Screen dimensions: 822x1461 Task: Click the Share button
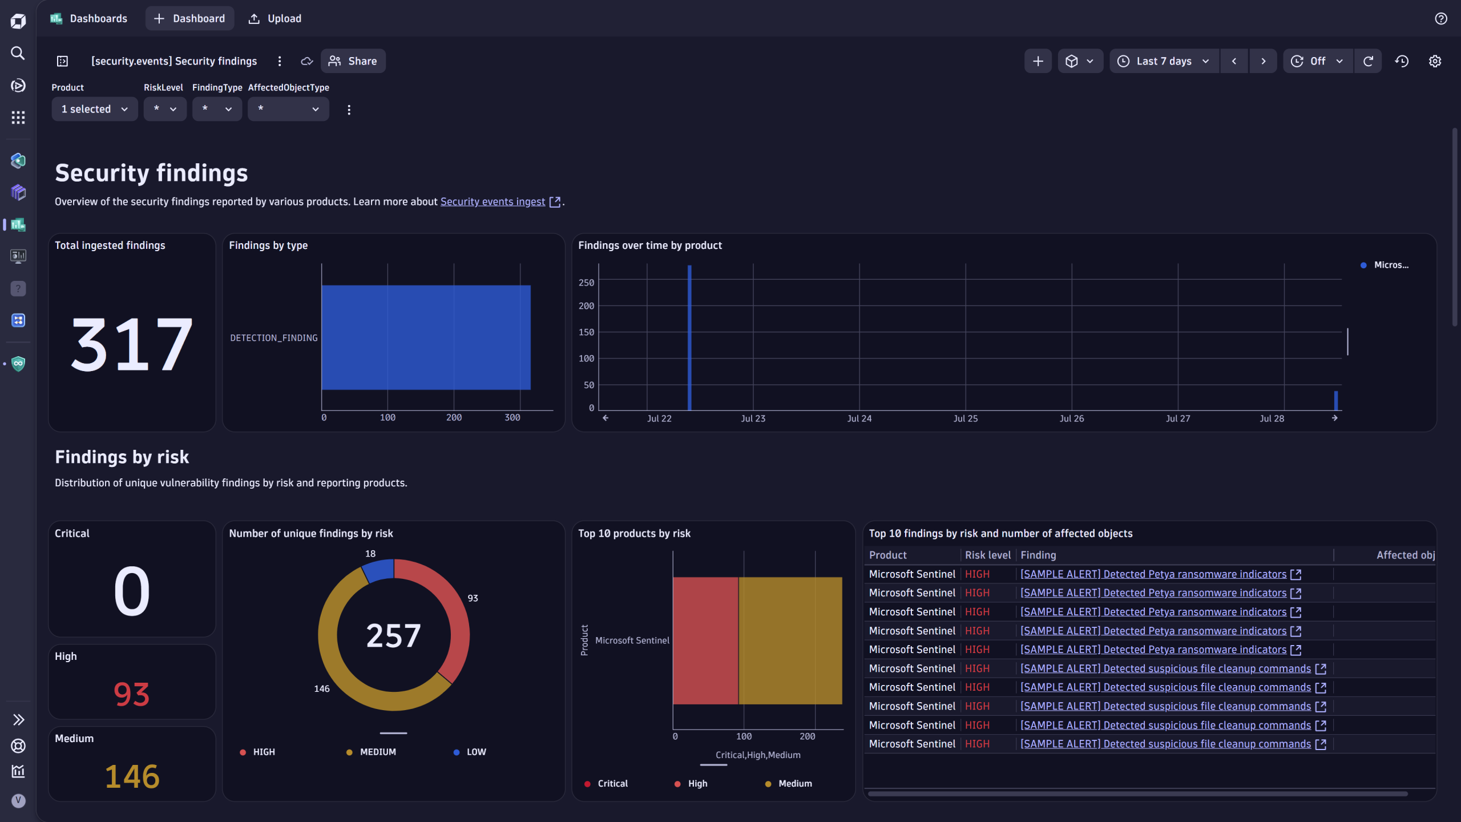353,61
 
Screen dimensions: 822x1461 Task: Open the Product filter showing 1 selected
94,109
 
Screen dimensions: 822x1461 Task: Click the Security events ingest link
493,202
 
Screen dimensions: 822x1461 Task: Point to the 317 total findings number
132,344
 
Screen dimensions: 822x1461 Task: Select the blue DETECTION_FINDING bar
426,337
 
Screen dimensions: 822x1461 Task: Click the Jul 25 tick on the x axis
965,418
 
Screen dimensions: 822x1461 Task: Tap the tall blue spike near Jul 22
689,337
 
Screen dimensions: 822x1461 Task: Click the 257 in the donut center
393,635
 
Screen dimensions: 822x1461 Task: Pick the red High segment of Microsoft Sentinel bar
705,640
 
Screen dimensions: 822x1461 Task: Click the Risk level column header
987,555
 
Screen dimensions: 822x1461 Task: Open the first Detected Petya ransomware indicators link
1153,574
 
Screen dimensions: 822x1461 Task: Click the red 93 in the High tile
132,694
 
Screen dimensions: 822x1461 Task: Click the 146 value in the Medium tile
132,776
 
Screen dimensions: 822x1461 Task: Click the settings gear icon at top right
1435,61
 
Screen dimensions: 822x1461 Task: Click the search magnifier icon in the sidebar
18,53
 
